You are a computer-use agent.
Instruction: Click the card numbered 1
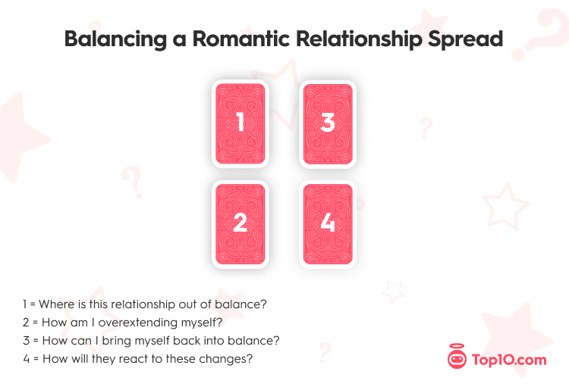click(240, 123)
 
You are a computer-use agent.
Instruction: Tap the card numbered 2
click(240, 224)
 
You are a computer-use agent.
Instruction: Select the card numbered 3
click(328, 123)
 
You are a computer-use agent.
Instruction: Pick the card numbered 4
click(328, 224)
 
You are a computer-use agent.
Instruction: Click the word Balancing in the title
click(115, 39)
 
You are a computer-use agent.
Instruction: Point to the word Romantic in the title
click(241, 39)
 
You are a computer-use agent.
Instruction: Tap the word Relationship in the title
click(360, 39)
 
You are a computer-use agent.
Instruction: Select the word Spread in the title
click(466, 39)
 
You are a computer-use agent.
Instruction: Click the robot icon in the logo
click(457, 357)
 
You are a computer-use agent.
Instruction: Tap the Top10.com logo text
click(509, 360)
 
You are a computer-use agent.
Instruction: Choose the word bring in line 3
click(115, 341)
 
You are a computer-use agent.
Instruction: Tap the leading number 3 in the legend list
click(26, 341)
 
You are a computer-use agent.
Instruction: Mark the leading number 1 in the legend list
click(25, 304)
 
